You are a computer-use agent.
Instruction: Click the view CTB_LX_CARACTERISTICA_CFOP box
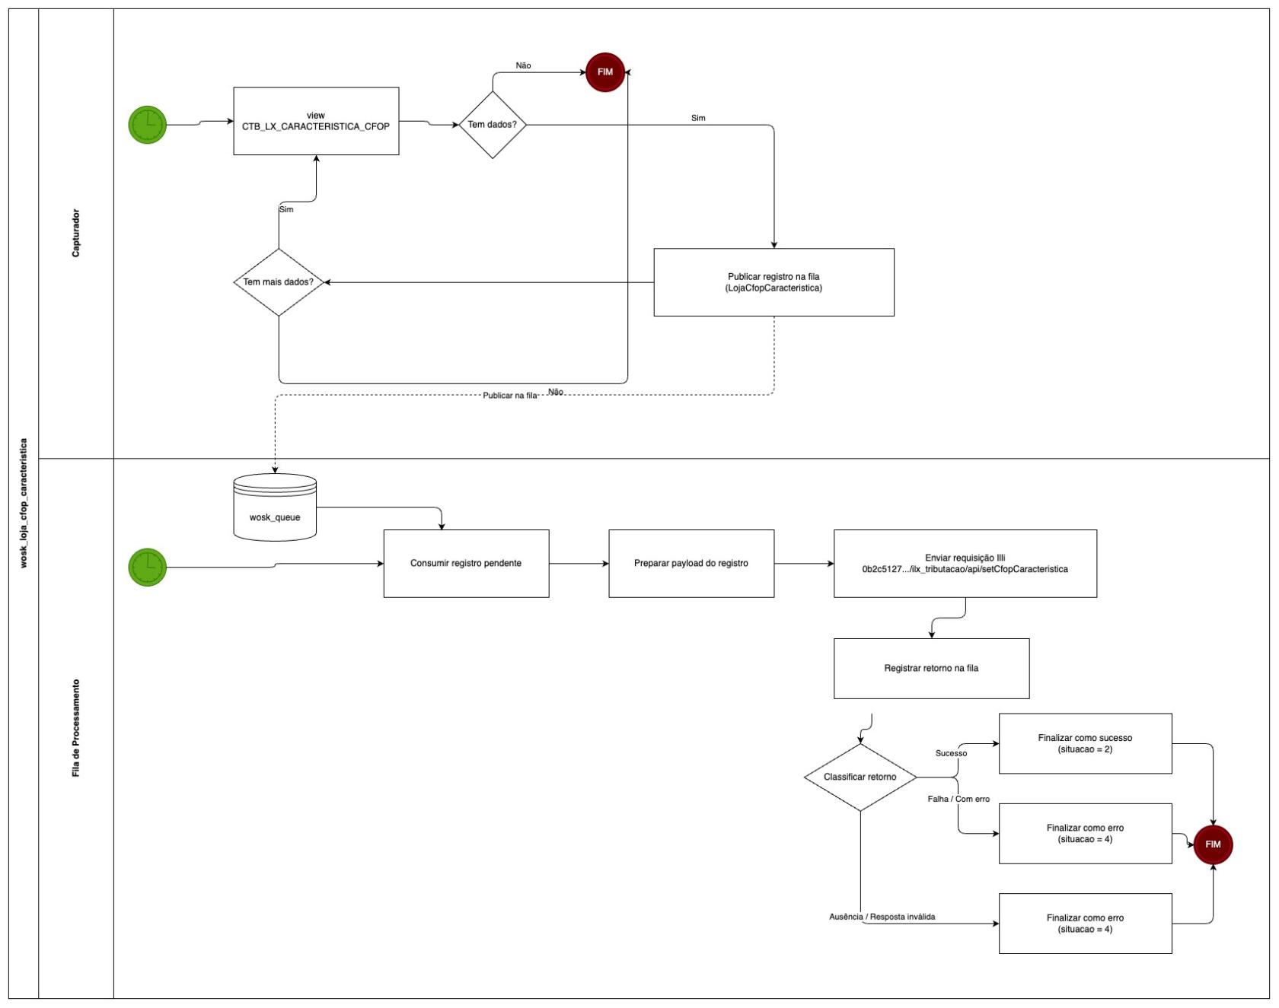pos(316,121)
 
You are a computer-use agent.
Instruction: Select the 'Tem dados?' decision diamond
pos(493,125)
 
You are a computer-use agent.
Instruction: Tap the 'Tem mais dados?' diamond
pos(279,282)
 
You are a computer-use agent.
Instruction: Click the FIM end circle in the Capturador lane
pos(605,72)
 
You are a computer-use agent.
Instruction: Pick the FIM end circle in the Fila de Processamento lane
pos(1213,844)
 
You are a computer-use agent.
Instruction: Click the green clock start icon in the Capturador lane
pos(148,125)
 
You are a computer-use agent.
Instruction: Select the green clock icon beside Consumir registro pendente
pos(148,567)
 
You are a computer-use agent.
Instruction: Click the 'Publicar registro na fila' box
pos(773,282)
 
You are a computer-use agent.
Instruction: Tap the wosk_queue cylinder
pos(275,507)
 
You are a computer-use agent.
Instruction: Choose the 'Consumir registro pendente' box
pos(466,564)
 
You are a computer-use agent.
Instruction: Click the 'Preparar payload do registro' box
pos(691,564)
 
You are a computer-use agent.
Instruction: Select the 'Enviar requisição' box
pos(965,564)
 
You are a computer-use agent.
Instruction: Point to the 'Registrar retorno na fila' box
pos(931,669)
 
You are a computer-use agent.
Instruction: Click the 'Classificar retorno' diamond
pos(860,777)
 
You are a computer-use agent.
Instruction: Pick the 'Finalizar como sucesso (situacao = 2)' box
pos(1085,743)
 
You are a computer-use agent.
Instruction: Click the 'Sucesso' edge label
pos(951,753)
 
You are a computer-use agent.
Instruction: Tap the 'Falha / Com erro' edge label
pos(958,799)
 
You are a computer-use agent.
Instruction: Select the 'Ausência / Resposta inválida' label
pos(882,917)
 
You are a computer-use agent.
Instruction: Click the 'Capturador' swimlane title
pos(75,233)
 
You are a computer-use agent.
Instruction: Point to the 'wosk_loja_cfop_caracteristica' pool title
pos(23,503)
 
